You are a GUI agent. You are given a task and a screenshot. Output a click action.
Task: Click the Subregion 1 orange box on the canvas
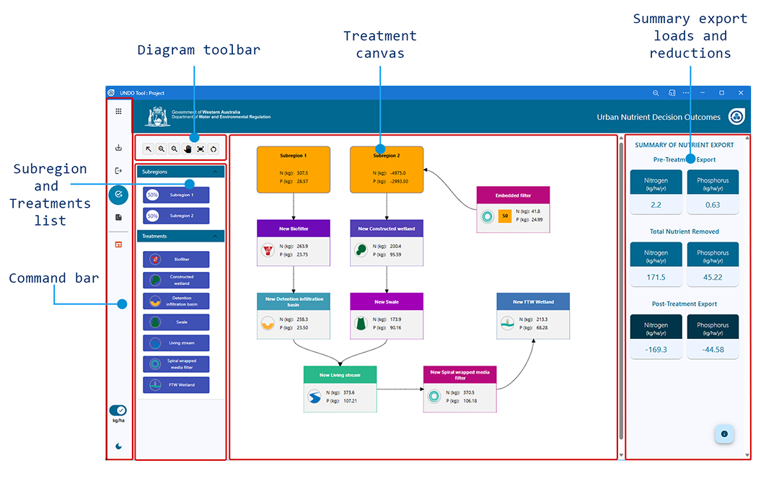point(294,169)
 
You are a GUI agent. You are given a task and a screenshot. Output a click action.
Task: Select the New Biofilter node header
point(294,229)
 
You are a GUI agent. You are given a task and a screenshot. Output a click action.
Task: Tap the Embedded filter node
point(513,209)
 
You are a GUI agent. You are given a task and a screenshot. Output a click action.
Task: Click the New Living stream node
point(340,389)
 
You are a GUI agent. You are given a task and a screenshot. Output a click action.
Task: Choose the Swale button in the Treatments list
point(176,322)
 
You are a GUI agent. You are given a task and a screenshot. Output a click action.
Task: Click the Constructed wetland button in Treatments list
point(176,280)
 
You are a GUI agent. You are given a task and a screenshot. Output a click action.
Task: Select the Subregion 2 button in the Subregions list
point(176,216)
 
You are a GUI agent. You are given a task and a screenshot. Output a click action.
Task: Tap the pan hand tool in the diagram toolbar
point(188,149)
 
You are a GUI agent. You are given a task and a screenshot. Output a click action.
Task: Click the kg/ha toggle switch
point(118,410)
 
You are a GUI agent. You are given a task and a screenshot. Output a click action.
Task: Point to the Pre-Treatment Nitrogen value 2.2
point(656,205)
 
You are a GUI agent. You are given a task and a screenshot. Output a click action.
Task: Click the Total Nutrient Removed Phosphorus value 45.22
point(712,277)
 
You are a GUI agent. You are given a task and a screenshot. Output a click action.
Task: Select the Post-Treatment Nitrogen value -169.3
point(656,349)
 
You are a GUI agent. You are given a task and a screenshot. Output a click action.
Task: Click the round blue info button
point(724,434)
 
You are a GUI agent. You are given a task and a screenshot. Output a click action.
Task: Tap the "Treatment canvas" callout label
point(380,45)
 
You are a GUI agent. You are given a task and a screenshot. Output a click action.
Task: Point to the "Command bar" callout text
point(54,278)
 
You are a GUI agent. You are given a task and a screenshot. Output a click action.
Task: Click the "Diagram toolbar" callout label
point(198,50)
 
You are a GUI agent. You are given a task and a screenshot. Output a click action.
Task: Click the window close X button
point(741,93)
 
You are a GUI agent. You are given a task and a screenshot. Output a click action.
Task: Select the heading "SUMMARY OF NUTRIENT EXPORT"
point(684,145)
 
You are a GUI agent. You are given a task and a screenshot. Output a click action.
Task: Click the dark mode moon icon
point(118,446)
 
